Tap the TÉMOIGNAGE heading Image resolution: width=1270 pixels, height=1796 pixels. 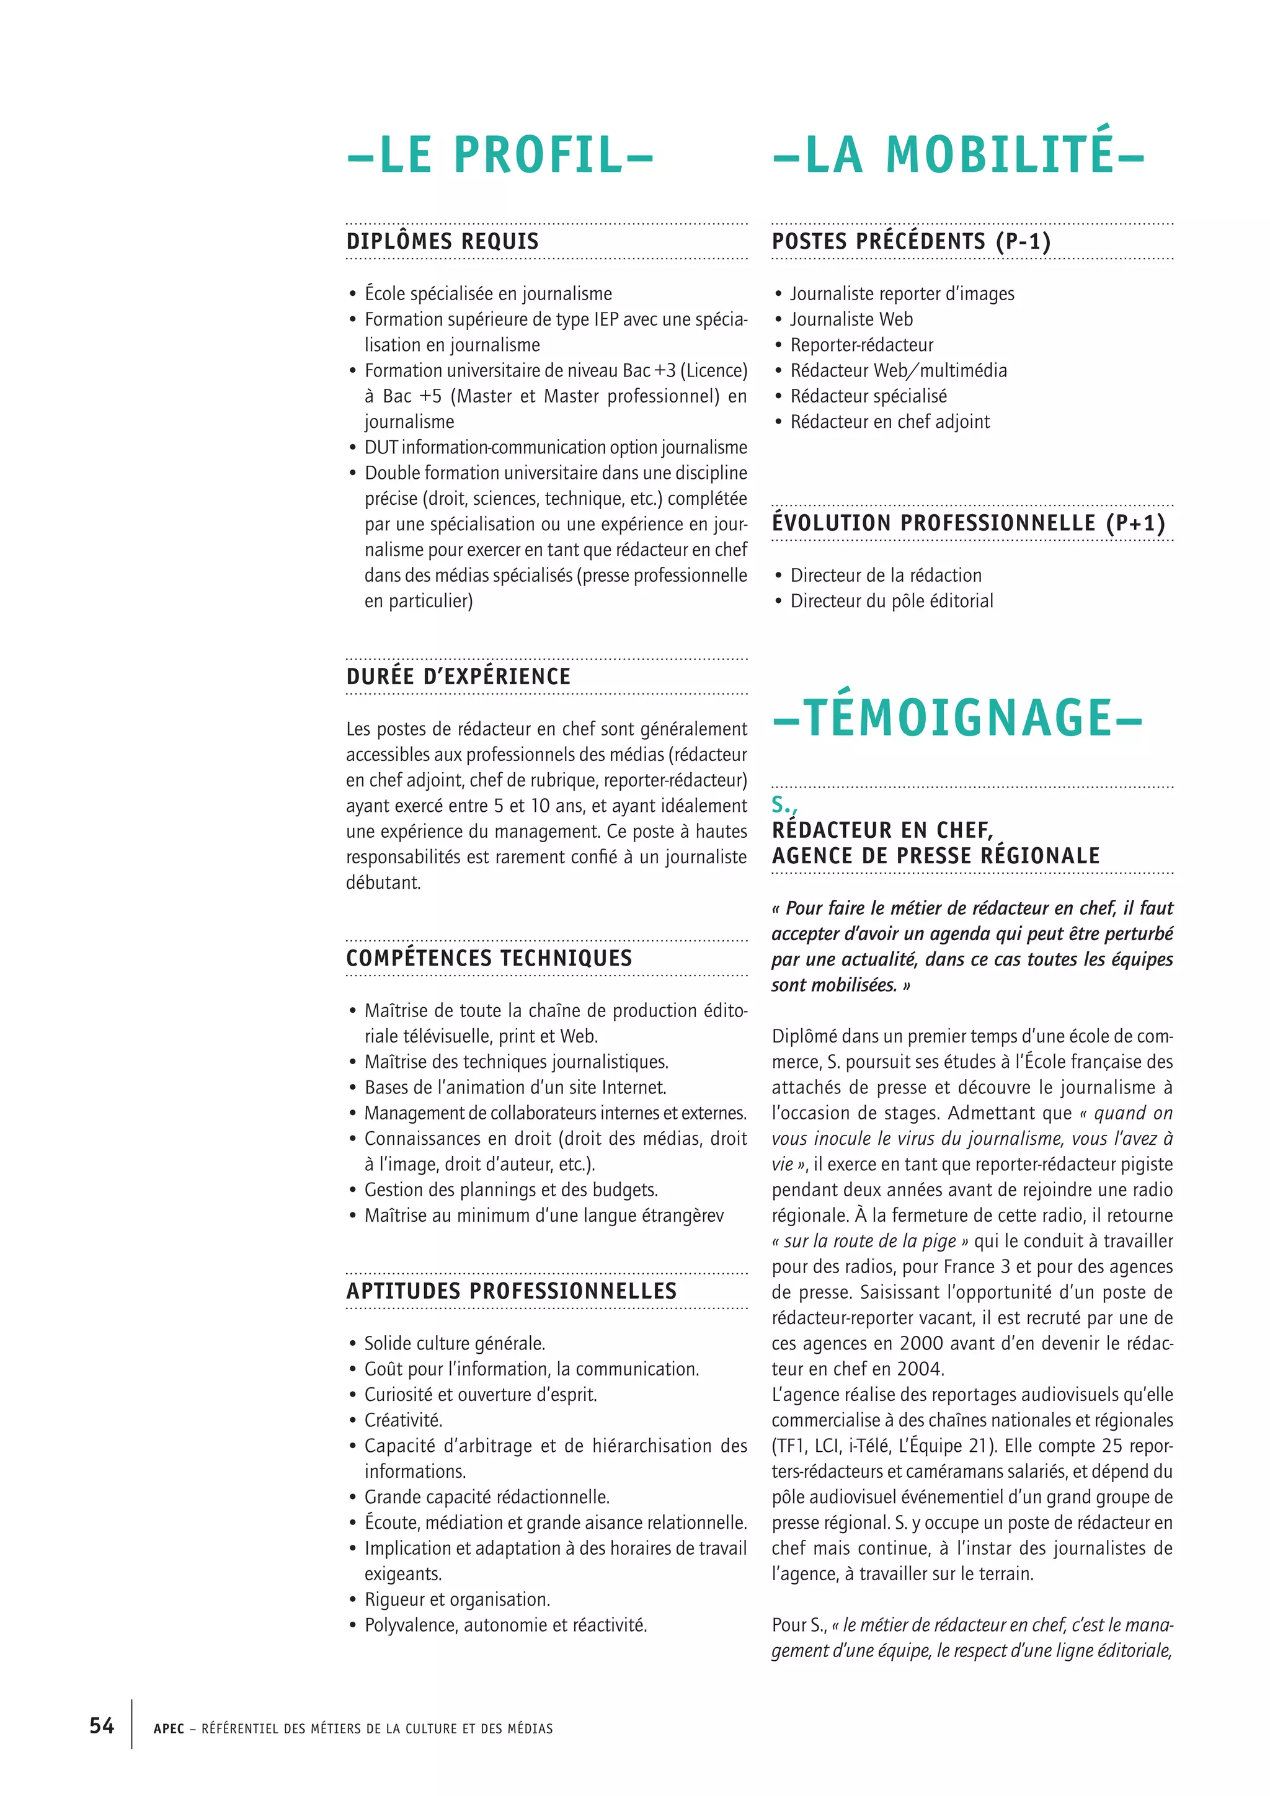(957, 718)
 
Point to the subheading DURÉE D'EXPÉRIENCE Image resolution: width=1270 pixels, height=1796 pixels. (458, 677)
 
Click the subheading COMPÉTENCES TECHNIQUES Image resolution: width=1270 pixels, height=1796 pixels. (489, 958)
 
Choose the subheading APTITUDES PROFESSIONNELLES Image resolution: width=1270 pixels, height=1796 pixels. (512, 1291)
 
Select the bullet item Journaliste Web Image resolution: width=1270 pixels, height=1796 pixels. (851, 319)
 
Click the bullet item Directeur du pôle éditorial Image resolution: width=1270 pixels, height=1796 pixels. (892, 601)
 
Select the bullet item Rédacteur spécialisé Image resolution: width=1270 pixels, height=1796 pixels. (868, 396)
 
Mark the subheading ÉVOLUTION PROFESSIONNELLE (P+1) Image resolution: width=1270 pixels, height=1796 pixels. (968, 523)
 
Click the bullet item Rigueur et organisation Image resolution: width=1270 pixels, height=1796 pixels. (458, 1599)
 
